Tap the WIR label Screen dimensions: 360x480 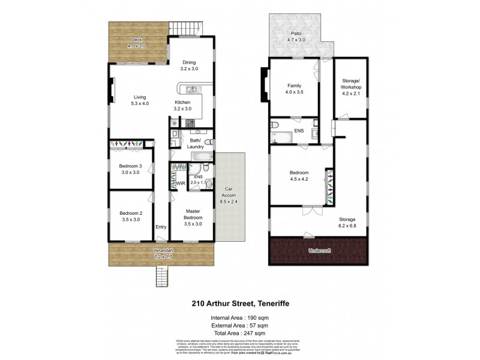(180, 183)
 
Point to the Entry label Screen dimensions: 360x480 (161, 227)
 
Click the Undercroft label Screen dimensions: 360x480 (319, 250)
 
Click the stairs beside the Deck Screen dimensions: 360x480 (185, 28)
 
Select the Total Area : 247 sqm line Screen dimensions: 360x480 (239, 332)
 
